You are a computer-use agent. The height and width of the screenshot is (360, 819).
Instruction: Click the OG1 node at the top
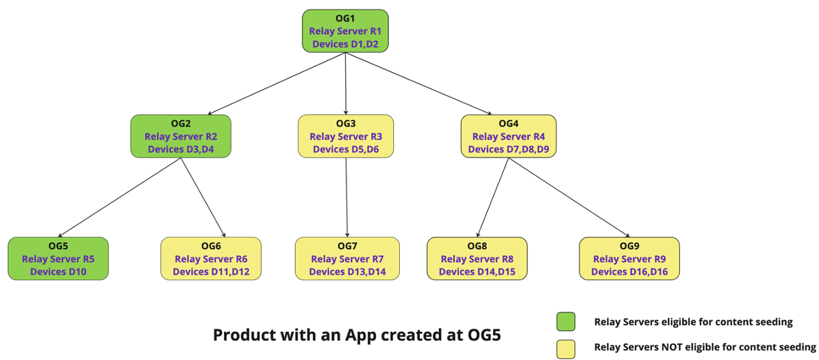click(345, 30)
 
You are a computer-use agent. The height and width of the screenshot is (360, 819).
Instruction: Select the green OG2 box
click(181, 136)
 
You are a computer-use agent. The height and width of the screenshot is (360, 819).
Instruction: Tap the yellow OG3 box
click(345, 136)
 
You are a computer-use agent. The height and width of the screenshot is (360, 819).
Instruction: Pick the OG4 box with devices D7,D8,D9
click(508, 136)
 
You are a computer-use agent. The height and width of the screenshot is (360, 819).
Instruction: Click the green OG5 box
click(58, 258)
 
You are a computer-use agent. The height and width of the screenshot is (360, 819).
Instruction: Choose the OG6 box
click(211, 258)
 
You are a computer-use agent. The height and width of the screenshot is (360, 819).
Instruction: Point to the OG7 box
click(347, 258)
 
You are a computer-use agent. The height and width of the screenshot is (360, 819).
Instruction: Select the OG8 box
click(477, 258)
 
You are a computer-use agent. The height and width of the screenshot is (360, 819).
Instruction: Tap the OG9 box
click(629, 258)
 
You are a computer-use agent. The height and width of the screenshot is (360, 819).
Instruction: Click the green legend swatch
click(566, 322)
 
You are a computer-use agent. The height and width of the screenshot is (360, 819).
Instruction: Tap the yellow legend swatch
click(566, 347)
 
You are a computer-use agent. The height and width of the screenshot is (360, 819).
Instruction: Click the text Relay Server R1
click(345, 31)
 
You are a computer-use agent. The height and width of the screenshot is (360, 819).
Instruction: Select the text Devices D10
click(58, 272)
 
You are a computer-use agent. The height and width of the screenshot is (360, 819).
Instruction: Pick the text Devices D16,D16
click(629, 272)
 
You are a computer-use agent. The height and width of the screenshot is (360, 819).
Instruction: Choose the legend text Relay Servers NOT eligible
click(705, 347)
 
